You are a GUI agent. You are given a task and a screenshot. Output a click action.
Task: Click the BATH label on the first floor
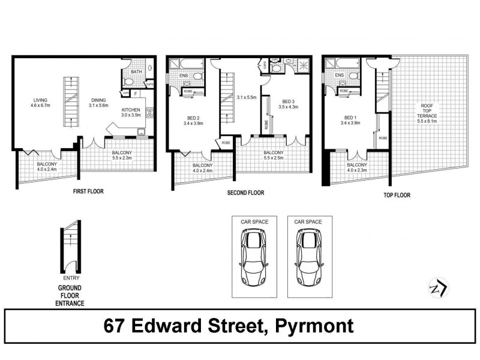[x=136, y=72]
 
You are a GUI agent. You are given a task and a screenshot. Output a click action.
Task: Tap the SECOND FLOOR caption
[x=245, y=193]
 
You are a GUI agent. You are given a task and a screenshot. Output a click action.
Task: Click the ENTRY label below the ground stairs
[x=71, y=278]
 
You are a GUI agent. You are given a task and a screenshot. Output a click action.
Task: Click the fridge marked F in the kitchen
[x=136, y=93]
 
